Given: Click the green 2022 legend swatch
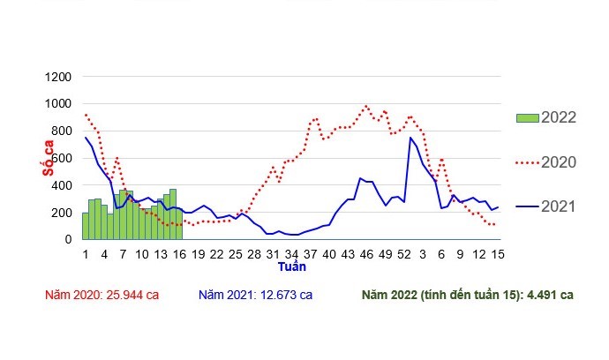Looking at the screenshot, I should [527, 117].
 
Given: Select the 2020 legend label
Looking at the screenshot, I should [559, 162].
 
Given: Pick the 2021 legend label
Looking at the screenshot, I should [559, 206].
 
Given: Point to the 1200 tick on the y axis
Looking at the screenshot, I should [56, 77].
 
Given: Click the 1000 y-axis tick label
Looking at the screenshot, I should [56, 104].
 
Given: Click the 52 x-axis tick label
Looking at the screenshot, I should [404, 254].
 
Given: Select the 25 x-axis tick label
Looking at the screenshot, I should [235, 254].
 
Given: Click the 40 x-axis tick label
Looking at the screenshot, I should [329, 254].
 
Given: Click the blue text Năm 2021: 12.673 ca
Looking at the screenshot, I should [256, 295].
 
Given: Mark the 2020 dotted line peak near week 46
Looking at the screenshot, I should [366, 106].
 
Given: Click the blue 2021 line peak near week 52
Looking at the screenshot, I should [410, 138].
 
